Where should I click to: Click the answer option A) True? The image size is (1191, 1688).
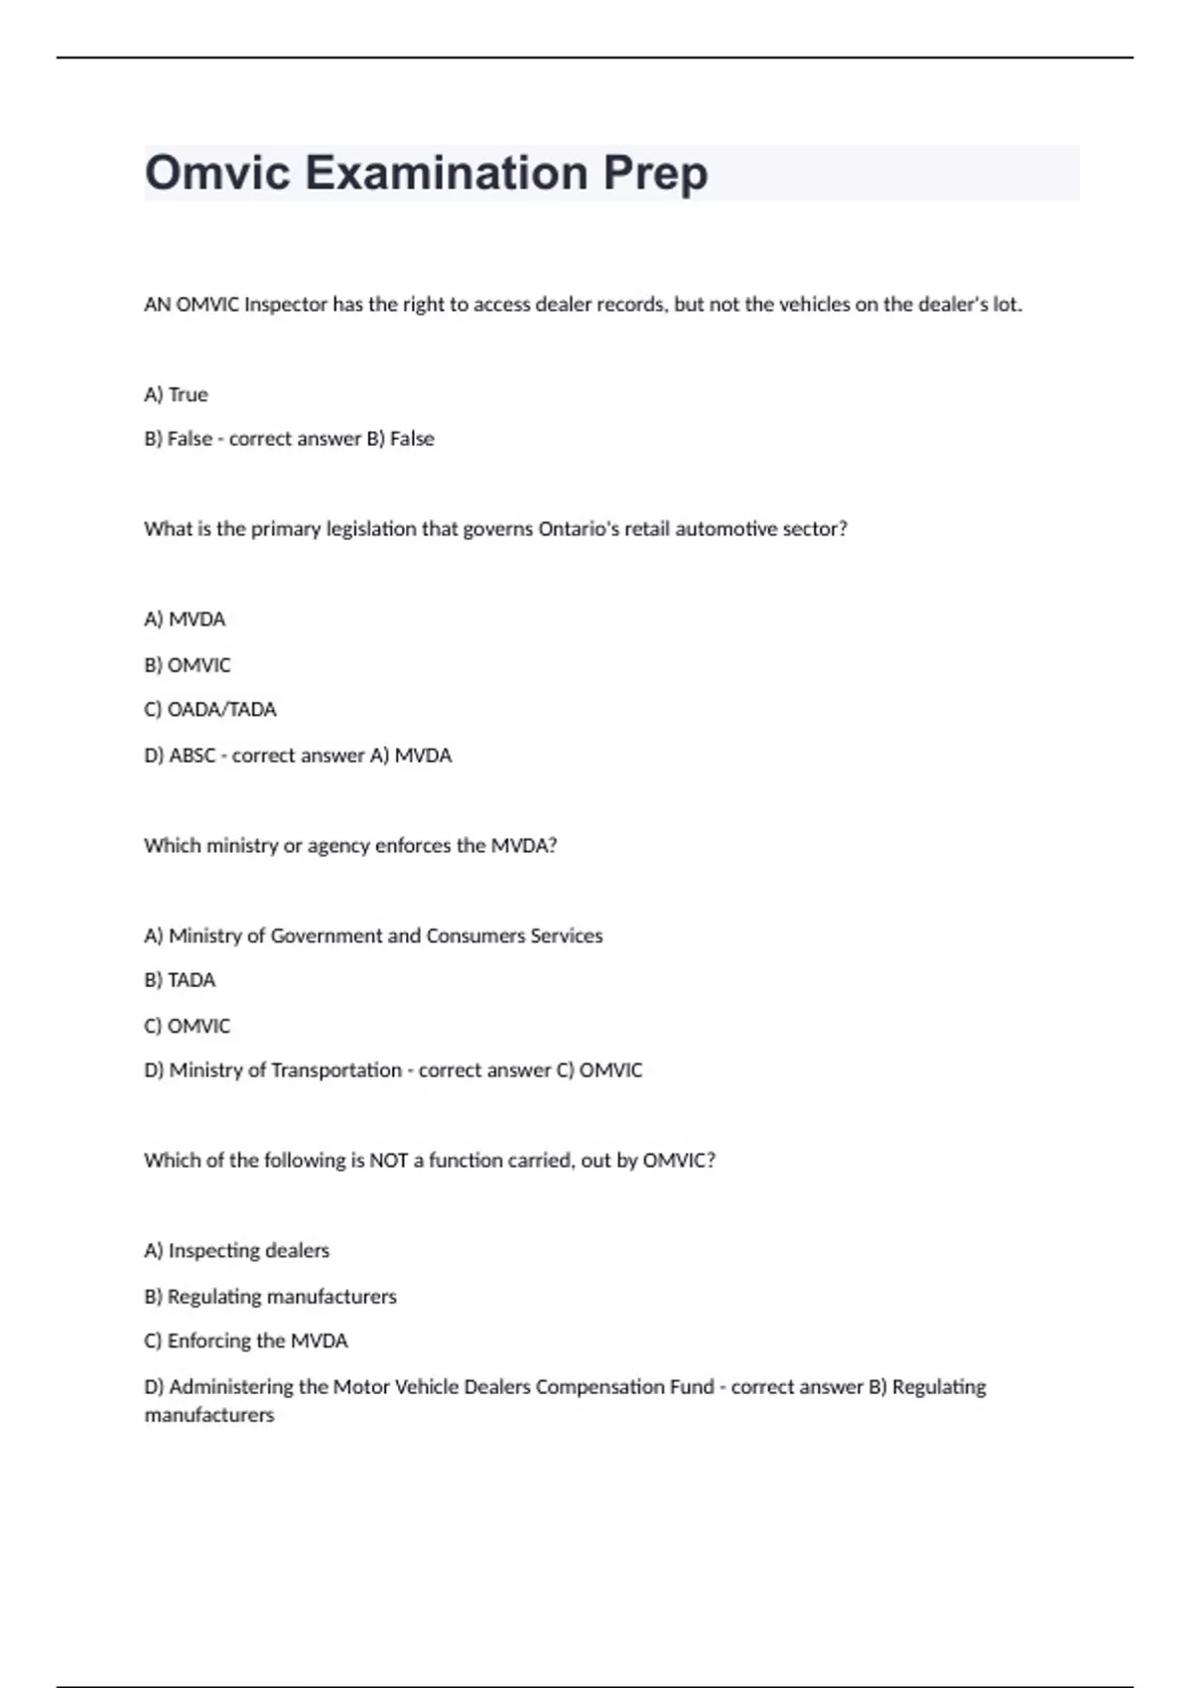(x=176, y=394)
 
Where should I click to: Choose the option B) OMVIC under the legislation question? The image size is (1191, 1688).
(x=187, y=665)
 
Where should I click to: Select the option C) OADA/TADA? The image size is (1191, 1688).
(x=209, y=710)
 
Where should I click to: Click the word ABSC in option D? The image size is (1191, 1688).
(x=192, y=756)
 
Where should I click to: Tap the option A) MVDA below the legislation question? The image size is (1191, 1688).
(x=185, y=620)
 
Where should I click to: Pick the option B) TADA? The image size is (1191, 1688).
(x=180, y=980)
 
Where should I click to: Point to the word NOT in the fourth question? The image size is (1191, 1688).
(x=388, y=1161)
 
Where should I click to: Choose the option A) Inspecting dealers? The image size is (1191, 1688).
(x=236, y=1251)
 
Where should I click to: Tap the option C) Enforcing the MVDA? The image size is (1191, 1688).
(x=245, y=1341)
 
